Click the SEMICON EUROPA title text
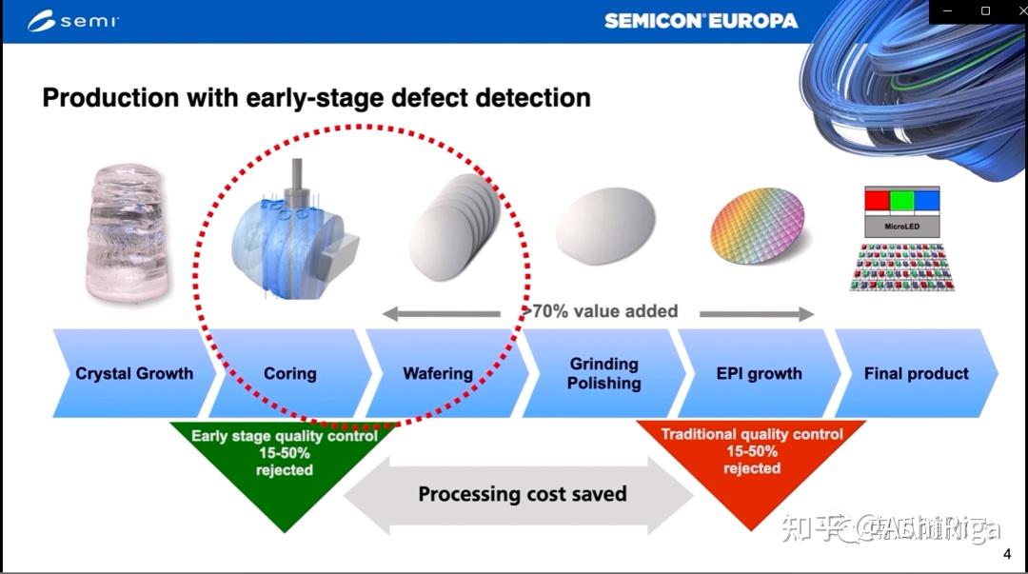[x=701, y=21]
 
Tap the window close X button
[x=1012, y=11]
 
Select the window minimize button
[x=945, y=11]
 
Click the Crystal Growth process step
[x=133, y=373]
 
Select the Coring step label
[x=289, y=373]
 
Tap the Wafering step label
[x=438, y=373]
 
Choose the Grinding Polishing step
[x=603, y=373]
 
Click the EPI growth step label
[x=759, y=373]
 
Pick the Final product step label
[x=916, y=373]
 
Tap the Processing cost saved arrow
[x=522, y=494]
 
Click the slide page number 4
[x=1007, y=555]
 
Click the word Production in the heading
[x=110, y=97]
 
